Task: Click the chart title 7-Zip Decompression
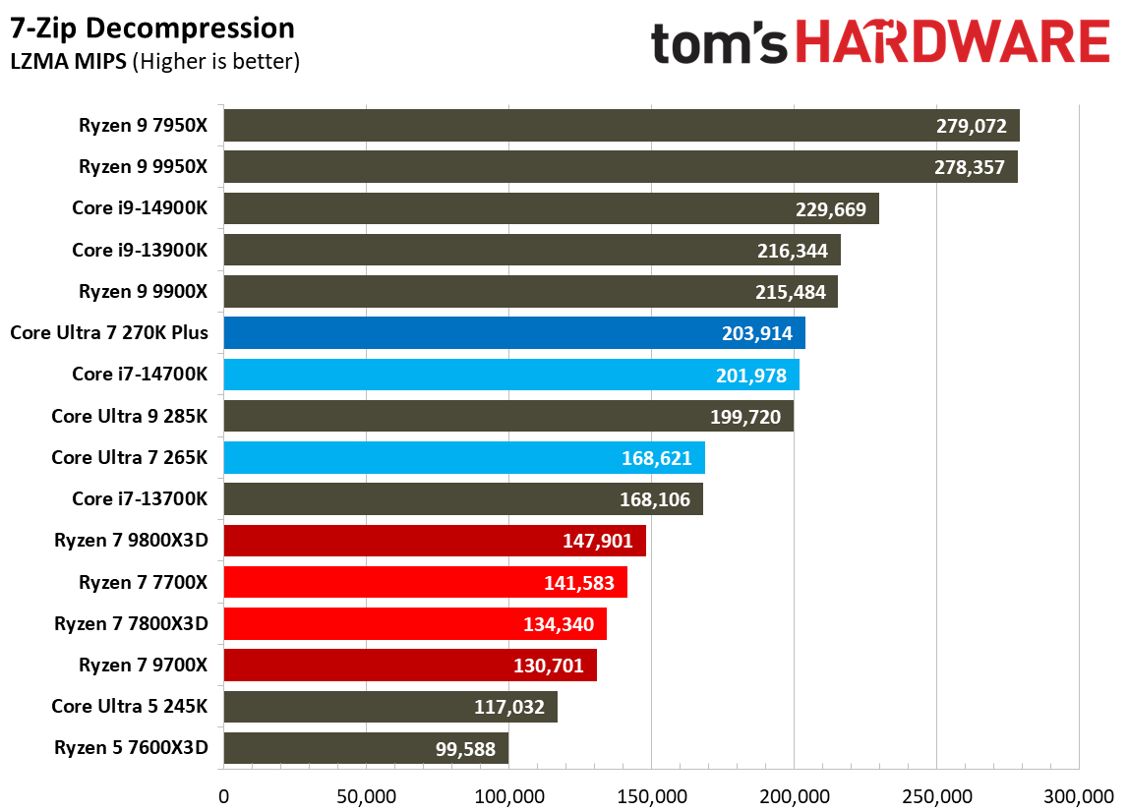[152, 28]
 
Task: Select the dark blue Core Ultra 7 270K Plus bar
[514, 333]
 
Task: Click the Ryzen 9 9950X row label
[144, 167]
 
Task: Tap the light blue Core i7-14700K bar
[511, 375]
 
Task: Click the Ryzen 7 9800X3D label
[132, 541]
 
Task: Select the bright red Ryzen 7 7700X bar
[425, 582]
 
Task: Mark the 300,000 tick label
[1079, 794]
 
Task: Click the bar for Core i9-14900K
[551, 208]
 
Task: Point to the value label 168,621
[656, 458]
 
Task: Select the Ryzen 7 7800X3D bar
[414, 623]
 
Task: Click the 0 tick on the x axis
[224, 794]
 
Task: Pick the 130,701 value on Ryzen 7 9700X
[548, 666]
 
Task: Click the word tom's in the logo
[720, 44]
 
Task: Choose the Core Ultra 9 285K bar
[508, 416]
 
